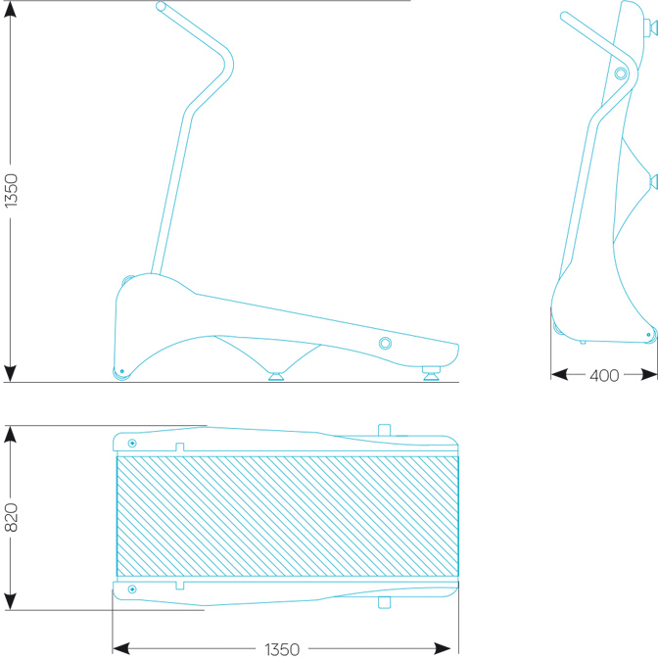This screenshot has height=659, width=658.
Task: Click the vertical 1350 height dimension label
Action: point(11,190)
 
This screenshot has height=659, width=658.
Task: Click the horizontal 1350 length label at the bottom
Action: point(282,649)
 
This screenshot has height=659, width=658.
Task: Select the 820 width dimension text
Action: point(11,517)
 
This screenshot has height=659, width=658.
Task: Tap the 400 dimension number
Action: point(604,375)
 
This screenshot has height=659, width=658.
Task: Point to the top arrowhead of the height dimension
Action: point(10,9)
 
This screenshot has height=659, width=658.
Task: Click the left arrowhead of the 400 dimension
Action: point(559,374)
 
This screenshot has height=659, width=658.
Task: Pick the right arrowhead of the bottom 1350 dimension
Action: point(443,648)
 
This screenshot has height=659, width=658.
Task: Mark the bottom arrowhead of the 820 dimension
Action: point(10,601)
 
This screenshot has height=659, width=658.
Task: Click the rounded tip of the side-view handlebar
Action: point(161,6)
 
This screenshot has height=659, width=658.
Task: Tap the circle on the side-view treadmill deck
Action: point(385,343)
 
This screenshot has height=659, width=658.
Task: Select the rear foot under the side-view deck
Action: point(431,373)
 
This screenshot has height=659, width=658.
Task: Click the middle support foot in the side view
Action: point(276,376)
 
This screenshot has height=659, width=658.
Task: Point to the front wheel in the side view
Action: point(121,372)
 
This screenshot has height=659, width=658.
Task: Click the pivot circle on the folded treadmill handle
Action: point(621,73)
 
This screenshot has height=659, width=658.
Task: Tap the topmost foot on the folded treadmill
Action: point(651,27)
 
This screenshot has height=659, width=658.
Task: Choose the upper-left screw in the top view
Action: point(132,443)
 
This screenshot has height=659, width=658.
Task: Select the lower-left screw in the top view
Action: point(132,589)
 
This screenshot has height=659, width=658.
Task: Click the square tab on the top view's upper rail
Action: point(384,430)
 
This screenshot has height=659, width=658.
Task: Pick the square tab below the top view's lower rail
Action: point(384,602)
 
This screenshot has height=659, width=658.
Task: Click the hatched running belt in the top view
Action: point(288,516)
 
